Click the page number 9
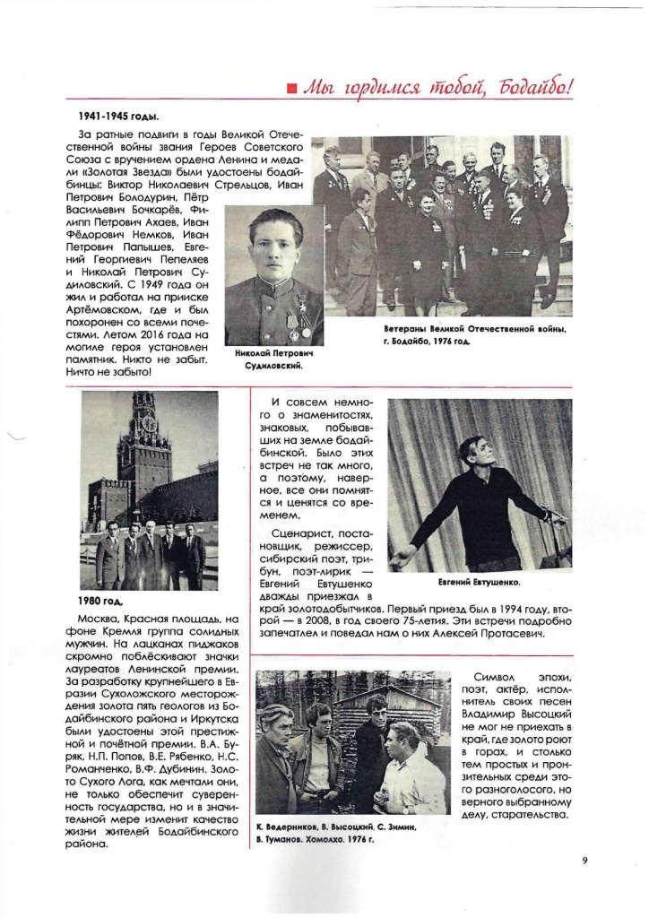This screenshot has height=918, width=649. (584, 862)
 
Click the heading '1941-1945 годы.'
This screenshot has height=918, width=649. (115, 117)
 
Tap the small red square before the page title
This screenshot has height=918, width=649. (291, 88)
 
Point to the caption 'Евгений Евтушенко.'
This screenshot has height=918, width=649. (480, 582)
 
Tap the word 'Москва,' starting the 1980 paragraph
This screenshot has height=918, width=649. (102, 619)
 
